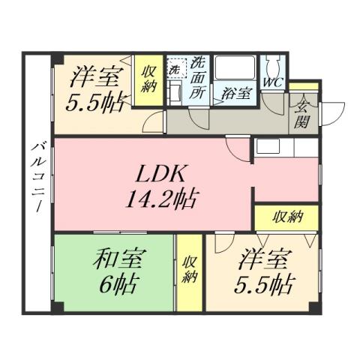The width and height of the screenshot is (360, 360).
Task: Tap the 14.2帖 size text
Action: [162, 199]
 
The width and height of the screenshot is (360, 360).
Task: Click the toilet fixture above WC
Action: [272, 64]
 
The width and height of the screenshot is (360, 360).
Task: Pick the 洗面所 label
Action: [198, 79]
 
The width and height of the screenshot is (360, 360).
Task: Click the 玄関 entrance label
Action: [304, 113]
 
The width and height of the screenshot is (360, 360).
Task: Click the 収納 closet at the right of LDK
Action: [286, 217]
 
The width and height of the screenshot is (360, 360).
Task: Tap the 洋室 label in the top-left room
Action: [93, 77]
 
